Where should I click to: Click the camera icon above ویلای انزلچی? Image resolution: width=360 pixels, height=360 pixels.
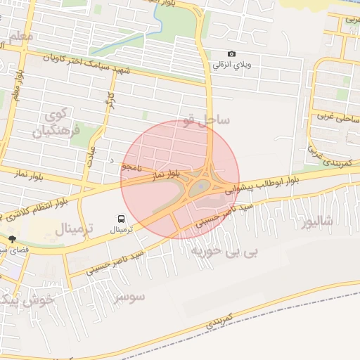click(x=232, y=54)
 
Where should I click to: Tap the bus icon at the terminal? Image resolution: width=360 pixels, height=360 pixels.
click(x=122, y=218)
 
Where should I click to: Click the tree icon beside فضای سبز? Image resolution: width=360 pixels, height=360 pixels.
click(x=12, y=240)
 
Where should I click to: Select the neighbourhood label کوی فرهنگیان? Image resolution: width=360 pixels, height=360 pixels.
click(x=57, y=123)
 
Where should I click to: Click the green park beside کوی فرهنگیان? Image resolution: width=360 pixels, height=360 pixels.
click(x=77, y=131)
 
